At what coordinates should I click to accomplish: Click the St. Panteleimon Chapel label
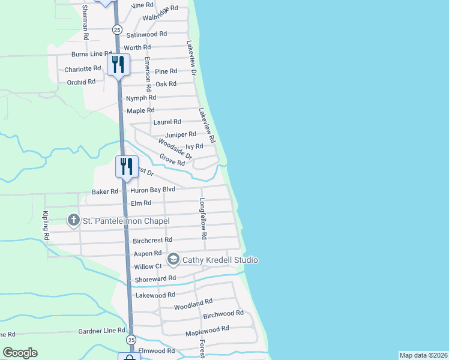tap(126, 221)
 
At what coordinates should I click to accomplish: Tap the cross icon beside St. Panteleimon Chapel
tap(74, 221)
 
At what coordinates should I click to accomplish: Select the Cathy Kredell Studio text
tap(220, 260)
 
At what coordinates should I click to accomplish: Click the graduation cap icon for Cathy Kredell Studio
tap(173, 259)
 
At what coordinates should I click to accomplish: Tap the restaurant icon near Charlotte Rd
tap(118, 64)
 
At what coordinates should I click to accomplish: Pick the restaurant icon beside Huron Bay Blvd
tap(127, 165)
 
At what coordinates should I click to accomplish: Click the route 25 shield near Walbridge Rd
tap(117, 29)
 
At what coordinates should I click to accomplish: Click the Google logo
tap(20, 353)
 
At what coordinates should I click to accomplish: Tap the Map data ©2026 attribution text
tap(423, 355)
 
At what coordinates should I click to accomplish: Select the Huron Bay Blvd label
tap(152, 191)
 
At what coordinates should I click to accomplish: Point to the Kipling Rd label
tap(46, 226)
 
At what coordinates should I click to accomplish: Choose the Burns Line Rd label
tap(92, 54)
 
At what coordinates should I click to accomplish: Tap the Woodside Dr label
tap(175, 148)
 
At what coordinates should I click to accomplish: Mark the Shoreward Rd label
tap(155, 278)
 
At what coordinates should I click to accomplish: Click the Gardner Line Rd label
tap(101, 331)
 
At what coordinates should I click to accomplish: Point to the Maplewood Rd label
tap(208, 329)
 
